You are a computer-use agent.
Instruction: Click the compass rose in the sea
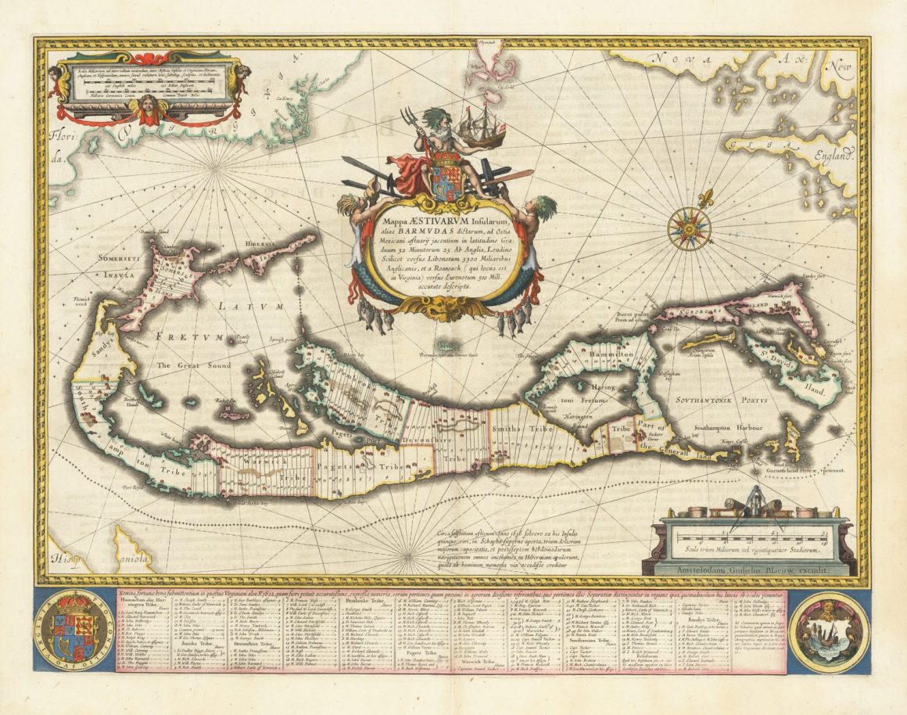(689, 228)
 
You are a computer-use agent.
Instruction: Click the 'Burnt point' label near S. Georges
(628, 315)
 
